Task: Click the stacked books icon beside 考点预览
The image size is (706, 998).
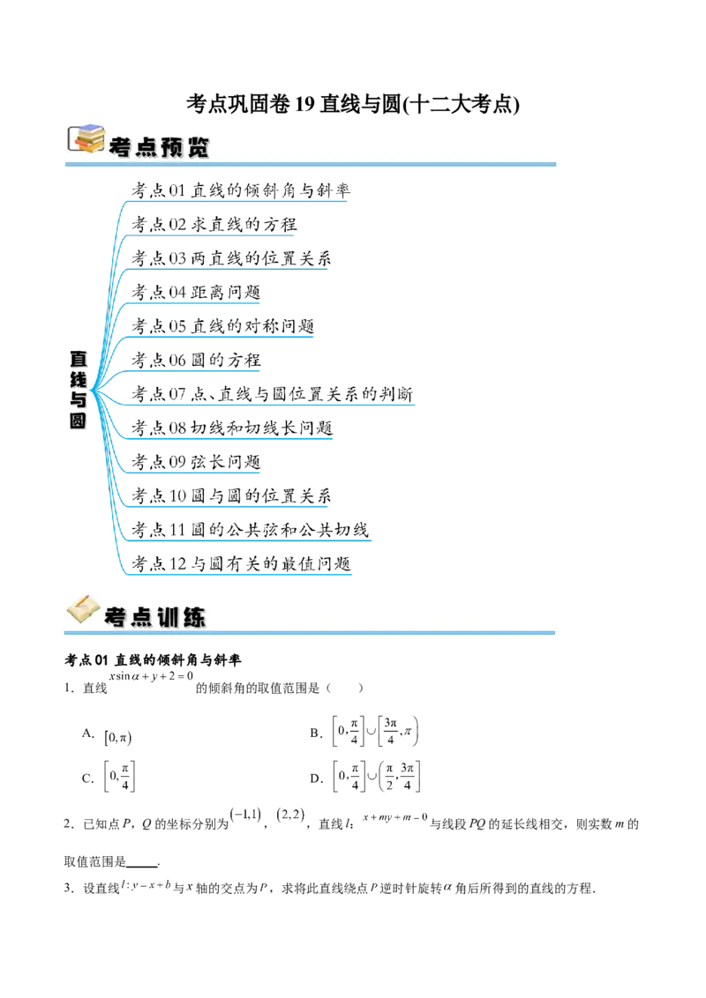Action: (x=86, y=138)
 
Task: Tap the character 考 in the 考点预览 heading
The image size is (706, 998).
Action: (x=120, y=146)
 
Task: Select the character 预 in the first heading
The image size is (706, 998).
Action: (x=172, y=146)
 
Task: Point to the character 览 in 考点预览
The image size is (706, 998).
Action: (x=199, y=146)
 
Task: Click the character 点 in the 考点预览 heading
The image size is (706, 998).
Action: (x=146, y=146)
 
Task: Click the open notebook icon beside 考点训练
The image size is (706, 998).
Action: (x=83, y=609)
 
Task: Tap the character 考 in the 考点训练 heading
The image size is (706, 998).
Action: (x=116, y=617)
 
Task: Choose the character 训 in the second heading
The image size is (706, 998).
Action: (x=168, y=617)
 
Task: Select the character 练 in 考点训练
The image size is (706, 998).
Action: (x=193, y=617)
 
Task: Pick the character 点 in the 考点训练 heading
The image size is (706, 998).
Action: (x=141, y=617)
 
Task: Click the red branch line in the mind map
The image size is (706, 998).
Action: (x=212, y=236)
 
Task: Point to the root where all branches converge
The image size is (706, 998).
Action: (x=92, y=389)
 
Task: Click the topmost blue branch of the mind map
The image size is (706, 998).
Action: (x=238, y=201)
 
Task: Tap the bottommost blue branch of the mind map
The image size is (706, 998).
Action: (x=238, y=575)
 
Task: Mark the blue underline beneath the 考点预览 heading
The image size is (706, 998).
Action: (x=309, y=164)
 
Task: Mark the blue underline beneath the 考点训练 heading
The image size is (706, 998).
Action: (x=309, y=632)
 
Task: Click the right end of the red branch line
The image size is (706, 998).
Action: (x=295, y=236)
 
